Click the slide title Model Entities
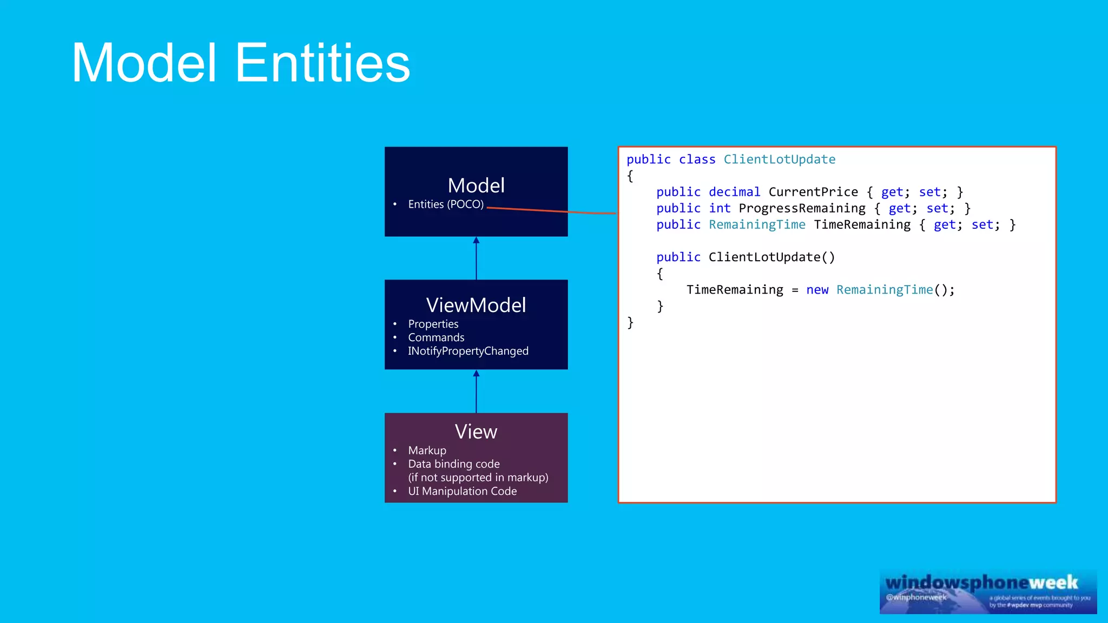[x=241, y=63]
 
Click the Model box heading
[x=476, y=185]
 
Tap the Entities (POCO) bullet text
[x=446, y=204]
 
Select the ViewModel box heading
[x=476, y=305]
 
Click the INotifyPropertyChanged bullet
[x=468, y=351]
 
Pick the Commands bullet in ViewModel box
[x=436, y=337]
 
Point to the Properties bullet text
[x=433, y=324]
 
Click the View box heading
[x=476, y=432]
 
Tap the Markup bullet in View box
[x=427, y=450]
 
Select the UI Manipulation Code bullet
[x=463, y=491]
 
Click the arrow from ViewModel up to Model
[x=476, y=258]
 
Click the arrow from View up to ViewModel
[x=476, y=391]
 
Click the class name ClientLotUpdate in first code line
[x=779, y=160]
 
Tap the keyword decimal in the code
[x=734, y=192]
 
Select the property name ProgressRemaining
[x=802, y=208]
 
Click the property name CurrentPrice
[x=813, y=192]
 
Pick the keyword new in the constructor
[x=817, y=290]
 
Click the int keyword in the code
[x=720, y=208]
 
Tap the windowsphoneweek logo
[x=988, y=592]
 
